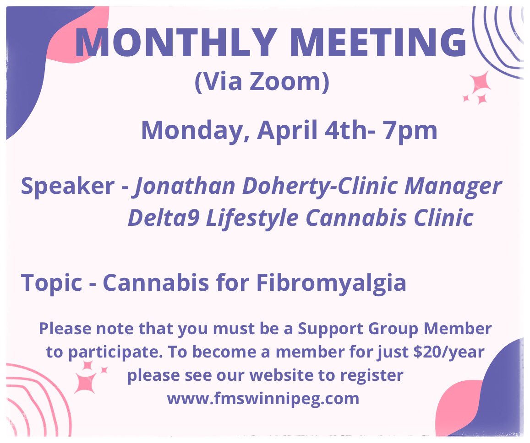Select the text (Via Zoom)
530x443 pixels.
coord(262,83)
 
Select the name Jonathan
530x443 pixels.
coord(183,186)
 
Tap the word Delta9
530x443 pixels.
coord(163,218)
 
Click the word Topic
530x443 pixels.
coord(51,283)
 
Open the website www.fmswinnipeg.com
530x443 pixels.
coord(263,398)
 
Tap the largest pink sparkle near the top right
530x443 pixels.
coord(480,83)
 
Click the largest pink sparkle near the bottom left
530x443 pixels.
coord(85,382)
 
